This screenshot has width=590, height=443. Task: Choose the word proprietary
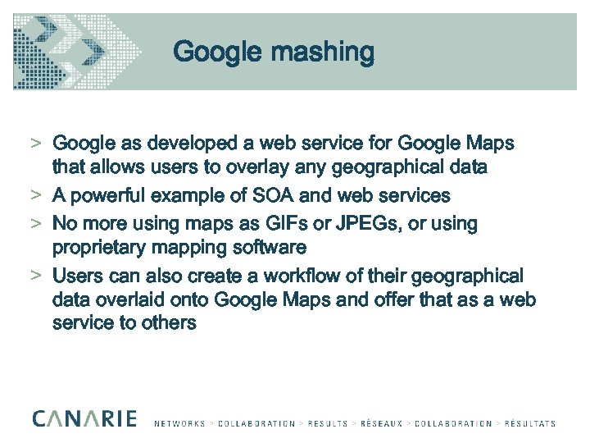pos(99,247)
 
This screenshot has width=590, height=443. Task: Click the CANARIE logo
pos(84,418)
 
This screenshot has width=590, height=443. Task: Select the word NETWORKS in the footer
pos(179,424)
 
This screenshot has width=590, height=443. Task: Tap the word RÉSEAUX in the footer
pos(380,424)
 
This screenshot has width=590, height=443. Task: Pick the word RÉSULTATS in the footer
pos(529,424)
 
